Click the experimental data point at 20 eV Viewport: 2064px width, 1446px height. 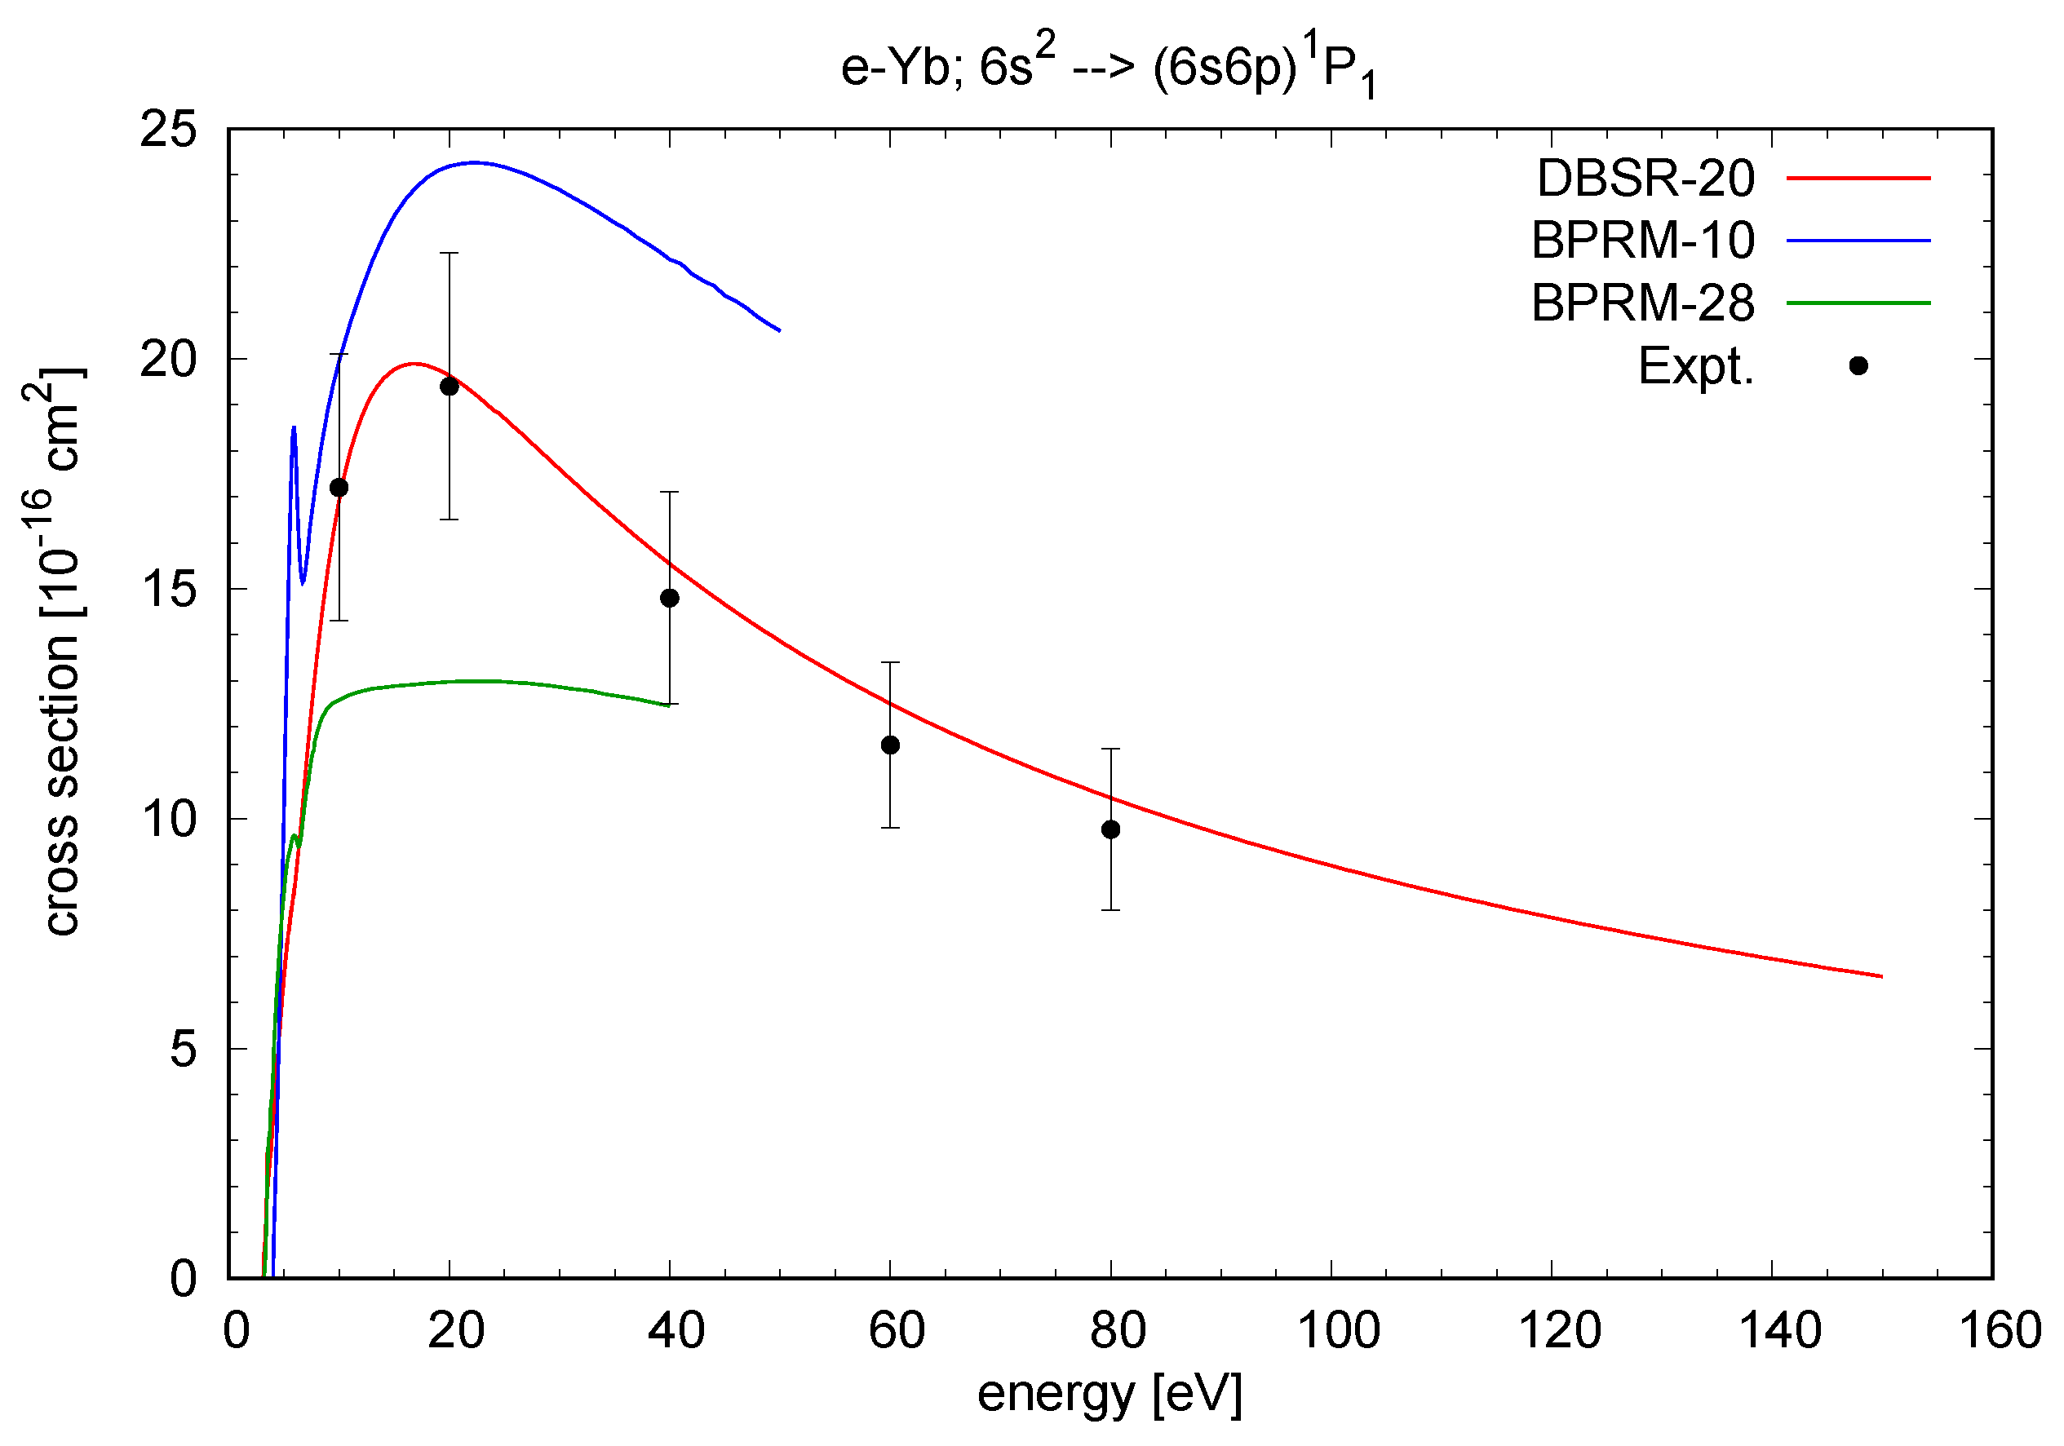450,387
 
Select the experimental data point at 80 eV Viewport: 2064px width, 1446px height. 1111,829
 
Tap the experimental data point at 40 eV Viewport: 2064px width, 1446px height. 670,599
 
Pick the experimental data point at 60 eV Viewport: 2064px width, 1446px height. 890,745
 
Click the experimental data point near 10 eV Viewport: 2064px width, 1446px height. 339,488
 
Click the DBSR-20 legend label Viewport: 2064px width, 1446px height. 1645,179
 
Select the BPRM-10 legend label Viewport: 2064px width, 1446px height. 1642,241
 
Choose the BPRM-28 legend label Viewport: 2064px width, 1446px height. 1642,303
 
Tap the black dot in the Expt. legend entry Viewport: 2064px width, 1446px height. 1858,365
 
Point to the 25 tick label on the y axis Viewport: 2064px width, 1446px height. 168,130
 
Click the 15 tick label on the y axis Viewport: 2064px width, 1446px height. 168,590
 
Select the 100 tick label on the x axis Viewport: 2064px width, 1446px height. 1339,1331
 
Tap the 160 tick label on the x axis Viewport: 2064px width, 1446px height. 2000,1331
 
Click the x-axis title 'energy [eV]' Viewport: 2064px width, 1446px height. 1110,1395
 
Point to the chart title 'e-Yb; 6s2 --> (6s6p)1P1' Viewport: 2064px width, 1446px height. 1110,69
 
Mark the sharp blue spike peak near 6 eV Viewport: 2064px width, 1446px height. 294,428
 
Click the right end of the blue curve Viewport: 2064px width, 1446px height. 779,331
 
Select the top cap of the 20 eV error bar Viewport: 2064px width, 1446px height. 450,254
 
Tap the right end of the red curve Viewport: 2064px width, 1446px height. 1880,976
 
